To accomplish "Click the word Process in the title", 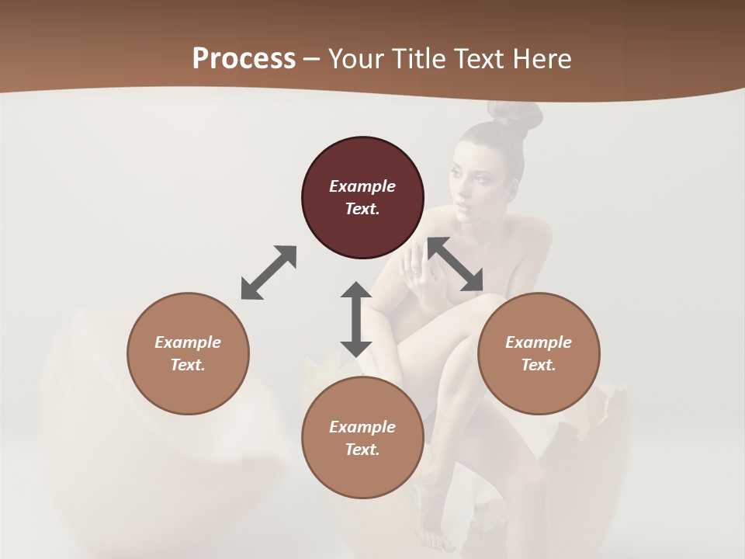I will coord(244,59).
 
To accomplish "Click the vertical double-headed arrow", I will coord(356,319).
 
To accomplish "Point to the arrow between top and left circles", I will coord(269,273).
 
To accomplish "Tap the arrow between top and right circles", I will coord(456,264).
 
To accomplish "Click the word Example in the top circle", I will coord(362,186).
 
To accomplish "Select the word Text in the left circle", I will coord(188,365).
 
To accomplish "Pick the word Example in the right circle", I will coord(539,342).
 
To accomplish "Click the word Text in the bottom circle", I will coord(362,450).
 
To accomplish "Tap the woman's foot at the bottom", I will coord(437,536).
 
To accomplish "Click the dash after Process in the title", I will coord(311,59).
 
